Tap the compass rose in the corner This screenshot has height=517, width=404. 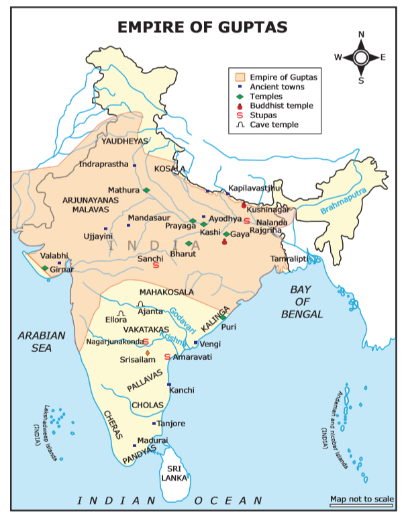(x=360, y=57)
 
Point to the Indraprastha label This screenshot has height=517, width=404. (x=104, y=164)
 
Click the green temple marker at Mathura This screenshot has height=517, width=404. (x=146, y=190)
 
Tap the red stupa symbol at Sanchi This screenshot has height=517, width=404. (x=156, y=267)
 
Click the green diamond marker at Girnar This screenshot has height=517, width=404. (x=45, y=269)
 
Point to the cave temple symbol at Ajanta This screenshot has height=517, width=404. (x=141, y=304)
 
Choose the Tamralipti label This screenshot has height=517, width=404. (x=289, y=258)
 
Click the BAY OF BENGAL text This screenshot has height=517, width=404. (x=302, y=301)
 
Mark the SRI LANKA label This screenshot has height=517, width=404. (x=174, y=473)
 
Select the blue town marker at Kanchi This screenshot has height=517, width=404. (x=168, y=384)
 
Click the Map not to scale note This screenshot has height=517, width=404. (x=362, y=499)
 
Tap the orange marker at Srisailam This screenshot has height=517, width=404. (x=147, y=352)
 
